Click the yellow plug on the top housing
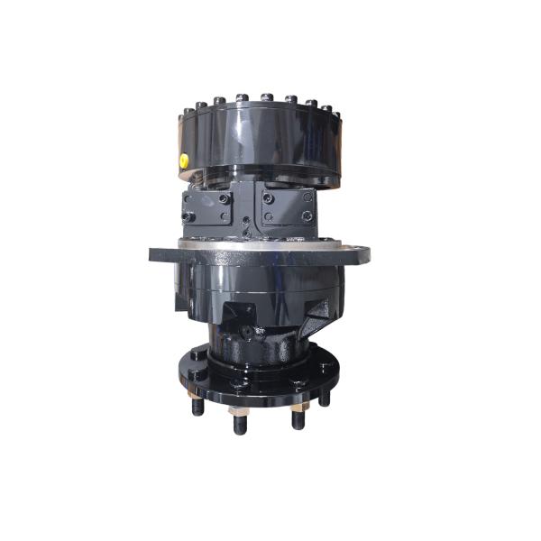pyautogui.click(x=183, y=160)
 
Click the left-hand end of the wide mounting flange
pyautogui.click(x=155, y=254)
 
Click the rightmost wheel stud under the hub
pyautogui.click(x=325, y=397)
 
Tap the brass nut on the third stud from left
pyautogui.click(x=298, y=410)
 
